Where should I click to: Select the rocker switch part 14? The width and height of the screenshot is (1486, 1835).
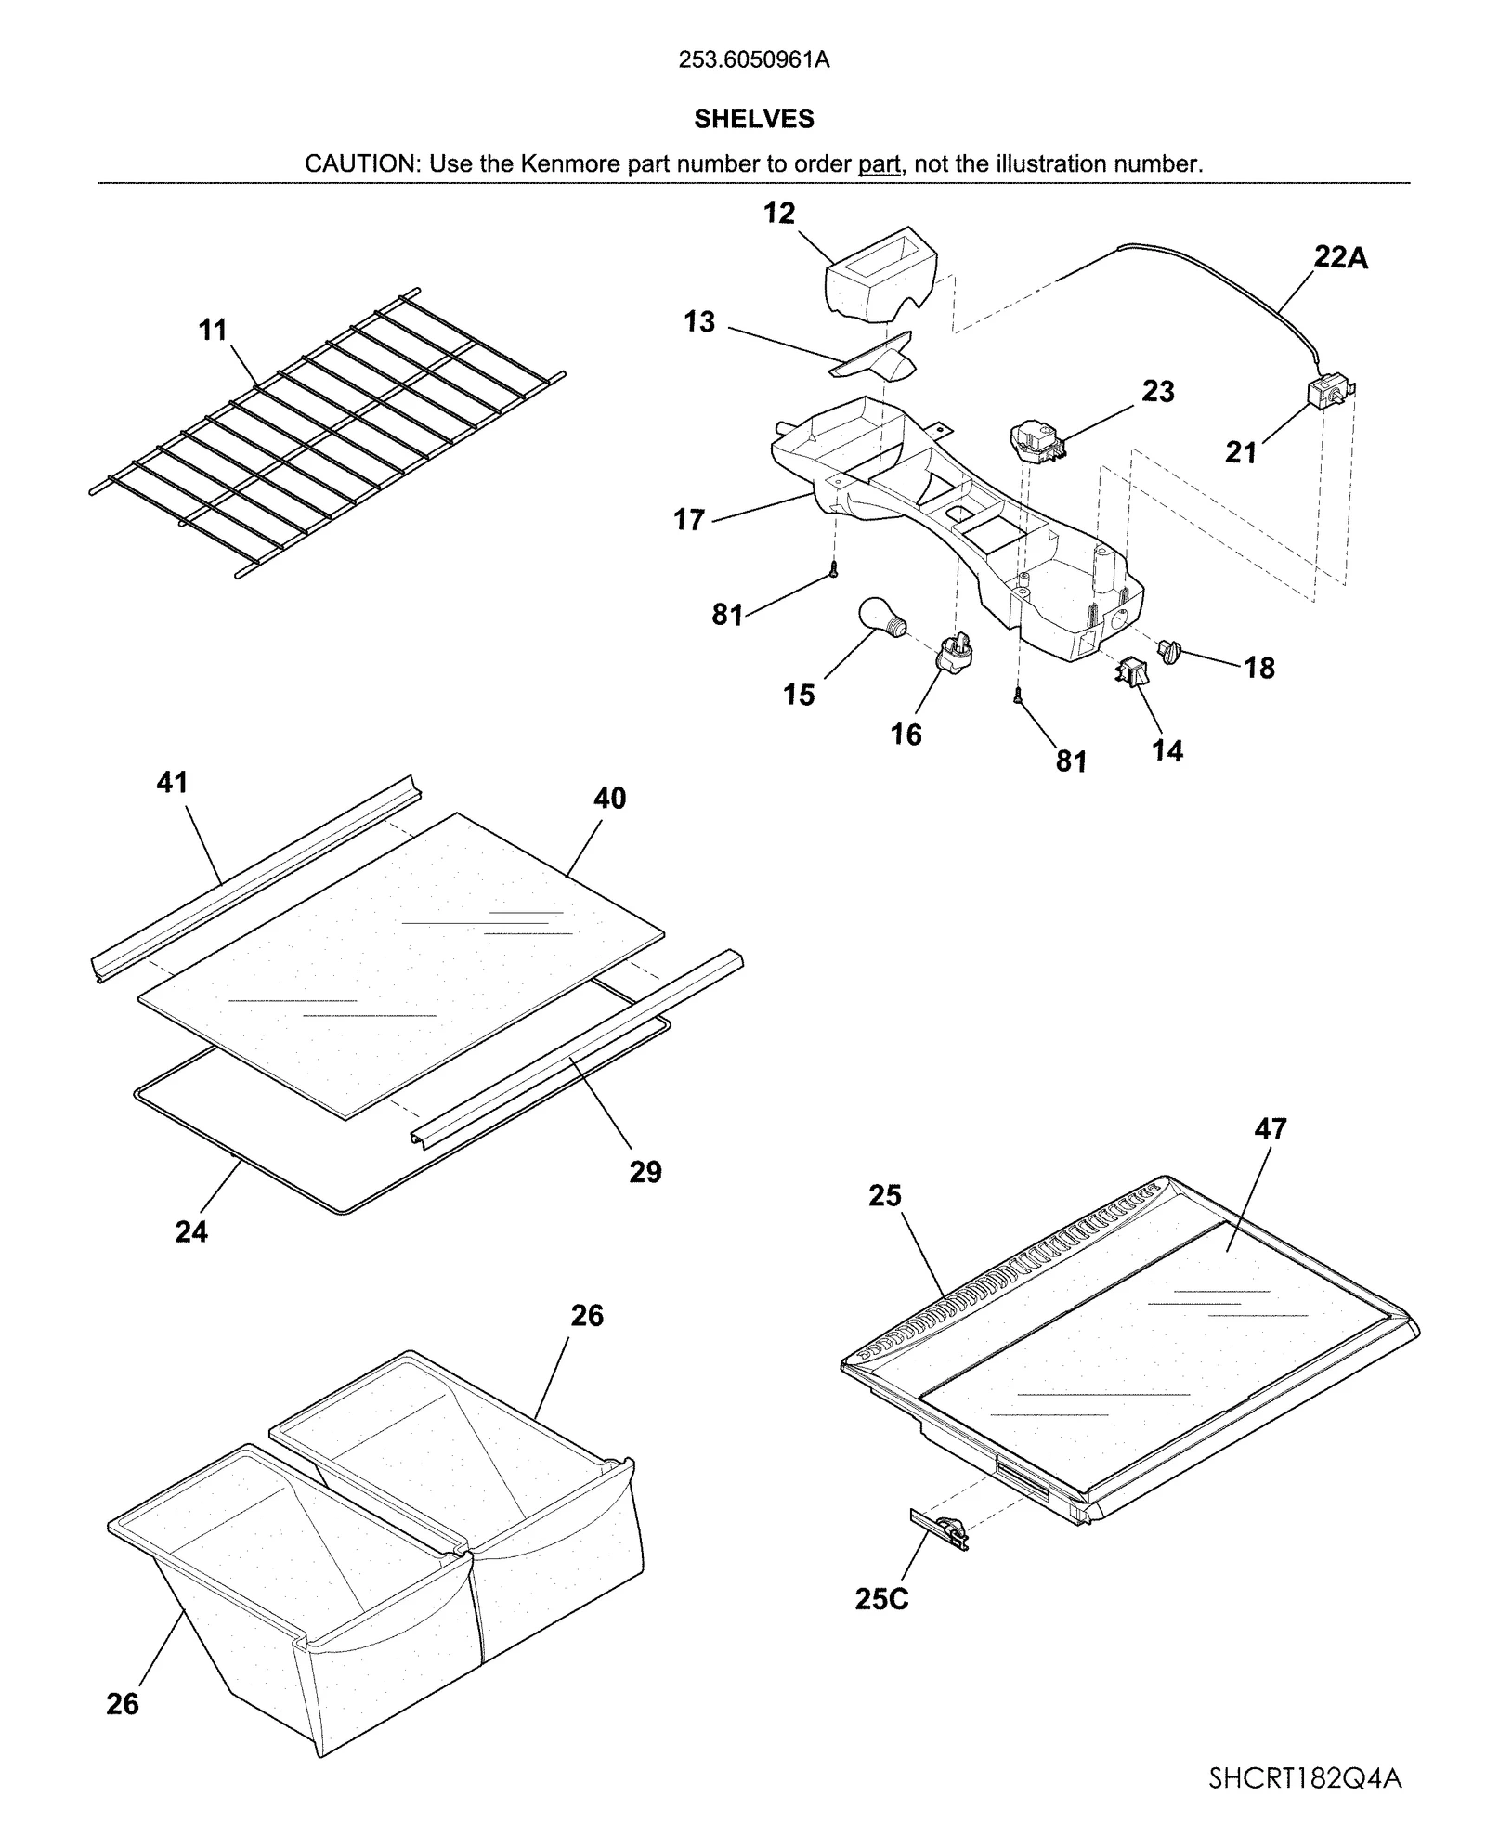(1130, 670)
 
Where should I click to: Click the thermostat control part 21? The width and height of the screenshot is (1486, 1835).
(1328, 394)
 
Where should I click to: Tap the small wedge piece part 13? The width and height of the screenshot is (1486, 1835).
(878, 358)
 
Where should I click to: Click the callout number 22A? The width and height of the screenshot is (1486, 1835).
(1340, 257)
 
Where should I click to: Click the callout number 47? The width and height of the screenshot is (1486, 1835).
(1270, 1129)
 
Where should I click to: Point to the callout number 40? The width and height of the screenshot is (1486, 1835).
(609, 799)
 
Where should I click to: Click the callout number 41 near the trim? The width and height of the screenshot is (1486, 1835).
(172, 783)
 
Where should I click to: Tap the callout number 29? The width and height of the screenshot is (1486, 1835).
(645, 1172)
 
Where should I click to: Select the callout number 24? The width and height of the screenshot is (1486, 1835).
(191, 1231)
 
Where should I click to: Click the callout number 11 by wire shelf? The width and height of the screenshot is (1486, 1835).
(213, 330)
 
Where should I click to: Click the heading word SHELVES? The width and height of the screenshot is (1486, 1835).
(753, 119)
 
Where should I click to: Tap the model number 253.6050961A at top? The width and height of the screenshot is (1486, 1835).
(753, 60)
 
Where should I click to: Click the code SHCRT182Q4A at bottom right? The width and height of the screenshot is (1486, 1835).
(1305, 1778)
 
